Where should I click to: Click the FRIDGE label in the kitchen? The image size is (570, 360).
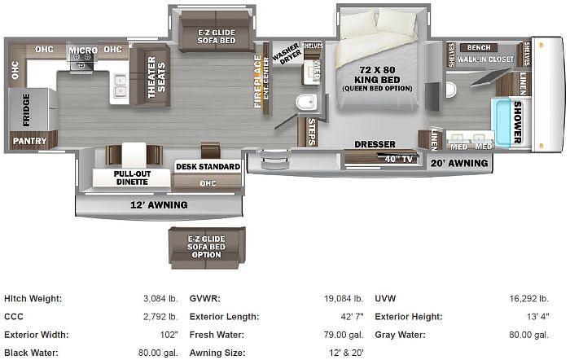tap(25, 109)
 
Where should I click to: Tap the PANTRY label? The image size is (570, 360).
tap(28, 141)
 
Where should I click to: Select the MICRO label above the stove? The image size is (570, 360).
tap(82, 50)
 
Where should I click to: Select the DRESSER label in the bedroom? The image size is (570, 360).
tap(375, 145)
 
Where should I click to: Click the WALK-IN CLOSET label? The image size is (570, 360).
tap(485, 59)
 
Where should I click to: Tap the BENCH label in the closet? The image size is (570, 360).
tap(479, 48)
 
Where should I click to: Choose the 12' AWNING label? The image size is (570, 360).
tap(160, 204)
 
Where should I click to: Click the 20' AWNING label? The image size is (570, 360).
tap(459, 163)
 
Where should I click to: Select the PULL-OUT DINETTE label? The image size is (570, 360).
tap(130, 178)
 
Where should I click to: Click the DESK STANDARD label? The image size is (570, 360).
tap(208, 167)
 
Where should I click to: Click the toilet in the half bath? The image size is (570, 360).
tap(306, 103)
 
